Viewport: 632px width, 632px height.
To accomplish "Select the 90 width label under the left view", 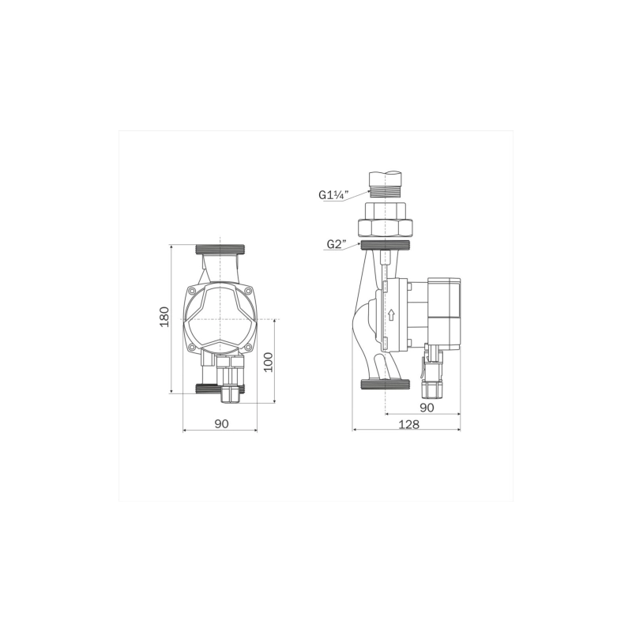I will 221,423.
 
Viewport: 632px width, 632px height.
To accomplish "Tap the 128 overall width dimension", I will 408,423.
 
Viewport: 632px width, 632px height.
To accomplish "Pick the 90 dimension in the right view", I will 427,407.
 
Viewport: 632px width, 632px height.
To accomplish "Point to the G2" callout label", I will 337,244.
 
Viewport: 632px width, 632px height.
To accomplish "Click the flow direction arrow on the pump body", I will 390,315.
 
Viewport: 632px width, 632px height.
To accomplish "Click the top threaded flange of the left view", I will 221,250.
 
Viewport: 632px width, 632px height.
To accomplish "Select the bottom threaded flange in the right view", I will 385,386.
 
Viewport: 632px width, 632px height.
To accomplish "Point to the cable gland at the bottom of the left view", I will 229,379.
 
